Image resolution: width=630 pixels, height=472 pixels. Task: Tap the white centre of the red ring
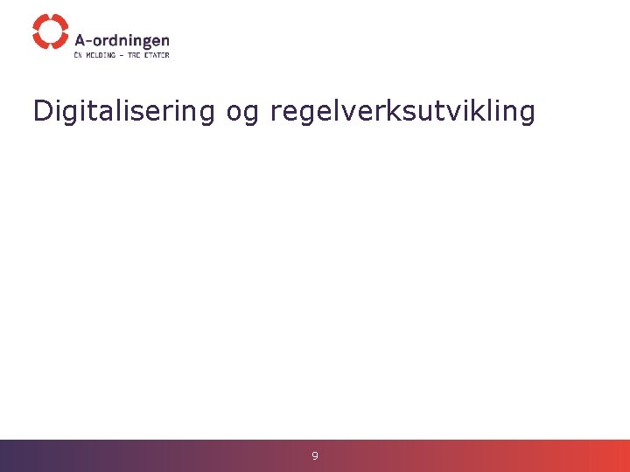[x=50, y=31]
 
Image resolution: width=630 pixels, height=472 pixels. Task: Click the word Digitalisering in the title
[x=123, y=111]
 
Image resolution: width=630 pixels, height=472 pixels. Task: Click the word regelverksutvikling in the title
[x=402, y=111]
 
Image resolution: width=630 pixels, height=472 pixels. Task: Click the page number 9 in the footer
[x=315, y=455]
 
